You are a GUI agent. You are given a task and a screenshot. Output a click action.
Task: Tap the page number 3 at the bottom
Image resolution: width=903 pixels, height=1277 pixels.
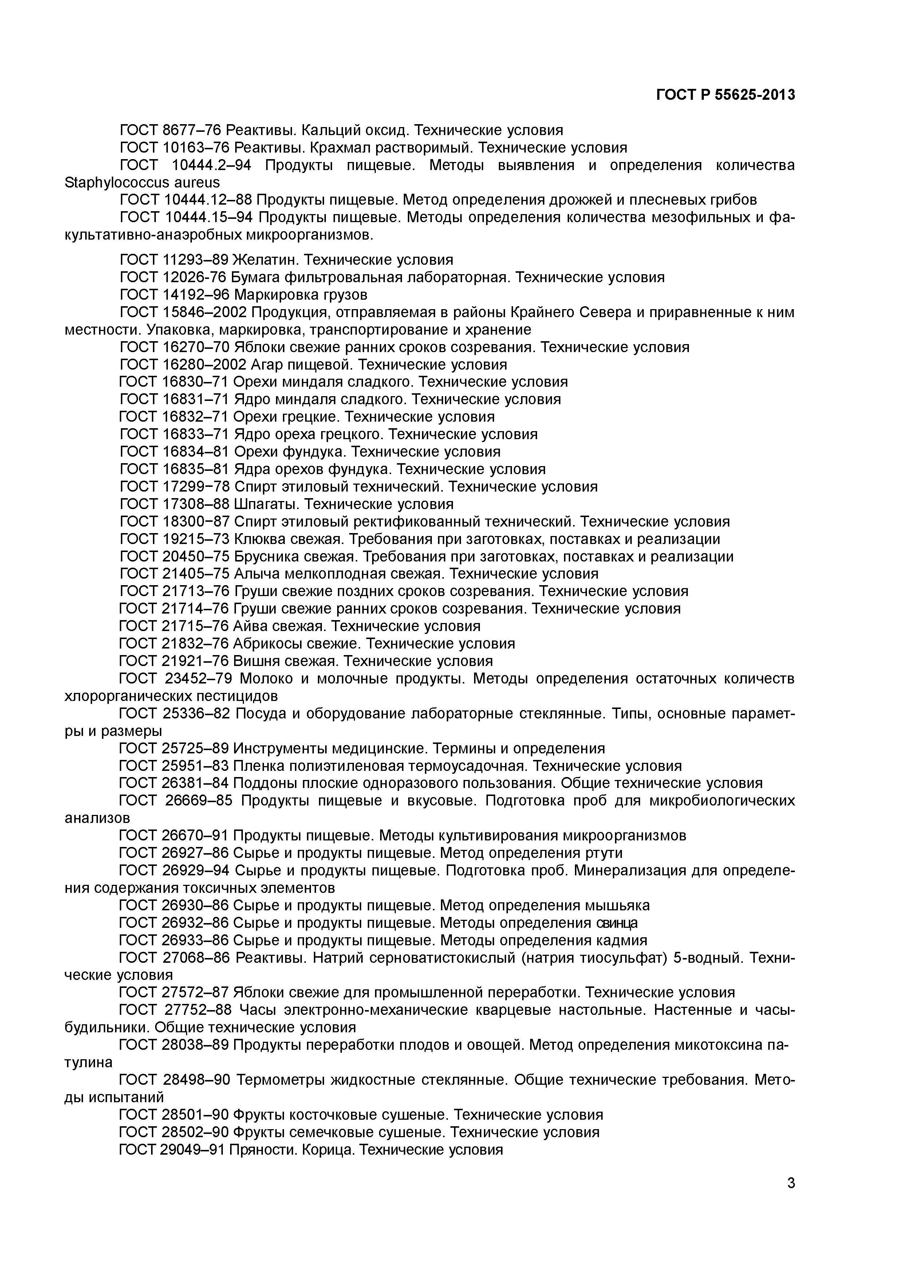pyautogui.click(x=791, y=1198)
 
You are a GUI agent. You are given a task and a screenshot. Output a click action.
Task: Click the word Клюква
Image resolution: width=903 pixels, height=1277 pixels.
pyautogui.click(x=261, y=539)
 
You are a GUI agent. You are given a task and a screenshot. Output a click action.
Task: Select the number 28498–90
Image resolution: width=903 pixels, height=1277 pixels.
pyautogui.click(x=197, y=1080)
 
